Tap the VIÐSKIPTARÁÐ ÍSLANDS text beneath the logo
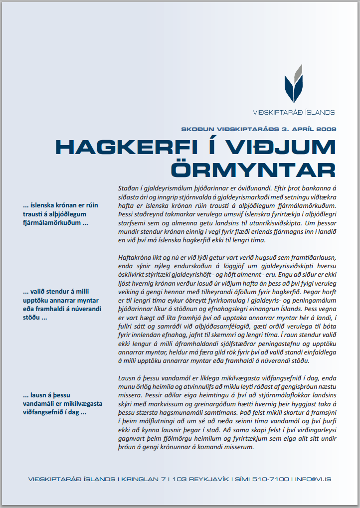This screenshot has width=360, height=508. (293, 112)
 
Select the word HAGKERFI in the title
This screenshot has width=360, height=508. (126, 147)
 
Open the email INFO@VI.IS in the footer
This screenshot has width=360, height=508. (313, 480)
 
